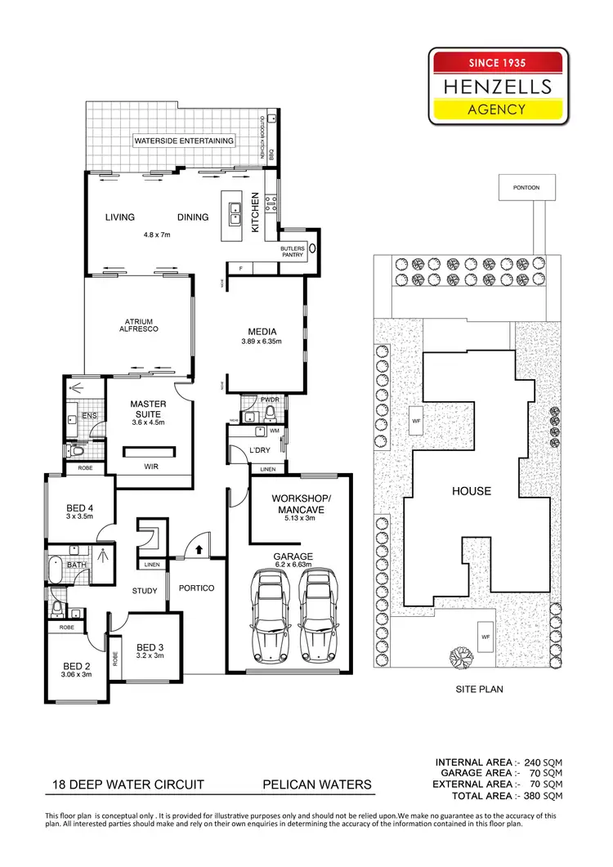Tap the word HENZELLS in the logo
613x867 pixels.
(x=498, y=86)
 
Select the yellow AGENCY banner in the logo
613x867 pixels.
(x=498, y=109)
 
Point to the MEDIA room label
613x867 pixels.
(x=264, y=332)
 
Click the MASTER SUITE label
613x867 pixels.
(x=149, y=409)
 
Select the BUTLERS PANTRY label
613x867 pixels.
(x=292, y=251)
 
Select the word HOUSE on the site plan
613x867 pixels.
(x=472, y=491)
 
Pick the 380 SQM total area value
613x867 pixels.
(x=544, y=795)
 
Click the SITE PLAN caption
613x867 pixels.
(x=479, y=689)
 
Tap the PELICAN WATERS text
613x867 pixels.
(x=316, y=784)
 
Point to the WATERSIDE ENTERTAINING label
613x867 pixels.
(x=184, y=141)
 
